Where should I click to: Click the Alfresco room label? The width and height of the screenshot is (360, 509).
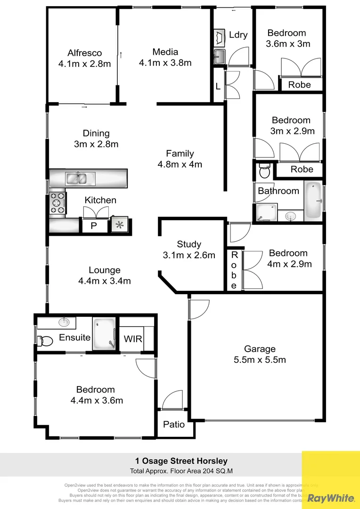pyautogui.click(x=84, y=53)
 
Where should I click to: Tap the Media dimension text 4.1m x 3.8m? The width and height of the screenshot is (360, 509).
pyautogui.click(x=165, y=63)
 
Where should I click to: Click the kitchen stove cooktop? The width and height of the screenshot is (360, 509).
pyautogui.click(x=57, y=203)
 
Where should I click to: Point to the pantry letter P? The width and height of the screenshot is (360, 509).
pyautogui.click(x=93, y=226)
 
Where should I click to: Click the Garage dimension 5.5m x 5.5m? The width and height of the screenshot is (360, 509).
pyautogui.click(x=260, y=360)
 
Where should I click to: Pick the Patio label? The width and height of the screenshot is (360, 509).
pyautogui.click(x=174, y=425)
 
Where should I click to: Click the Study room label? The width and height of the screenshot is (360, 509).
pyautogui.click(x=189, y=244)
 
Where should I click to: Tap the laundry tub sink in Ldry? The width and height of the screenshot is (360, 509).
pyautogui.click(x=220, y=57)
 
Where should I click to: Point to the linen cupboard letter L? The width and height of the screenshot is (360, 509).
pyautogui.click(x=218, y=86)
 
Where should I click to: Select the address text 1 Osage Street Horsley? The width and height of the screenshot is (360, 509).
pyautogui.click(x=179, y=461)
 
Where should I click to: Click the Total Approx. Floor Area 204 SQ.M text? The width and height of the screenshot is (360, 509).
pyautogui.click(x=181, y=471)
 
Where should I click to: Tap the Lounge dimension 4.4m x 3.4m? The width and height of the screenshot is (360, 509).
pyautogui.click(x=105, y=281)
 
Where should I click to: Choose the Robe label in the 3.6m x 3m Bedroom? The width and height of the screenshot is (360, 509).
pyautogui.click(x=300, y=85)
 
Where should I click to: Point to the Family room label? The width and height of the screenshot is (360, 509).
pyautogui.click(x=180, y=154)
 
